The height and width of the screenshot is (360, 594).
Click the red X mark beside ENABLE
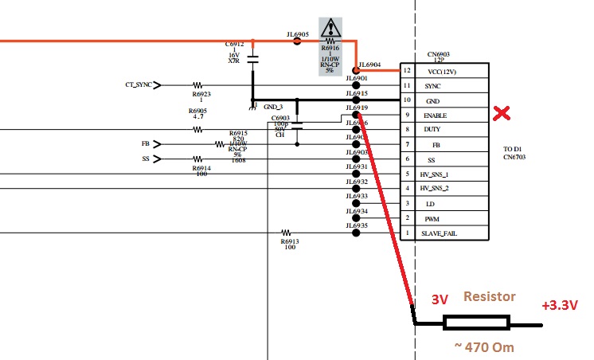502,113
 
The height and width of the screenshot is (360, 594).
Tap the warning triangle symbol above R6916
330,30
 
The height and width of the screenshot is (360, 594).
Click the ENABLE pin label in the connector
435,115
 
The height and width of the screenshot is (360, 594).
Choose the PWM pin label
432,218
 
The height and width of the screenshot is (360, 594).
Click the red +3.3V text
561,305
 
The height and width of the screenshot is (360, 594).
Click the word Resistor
490,296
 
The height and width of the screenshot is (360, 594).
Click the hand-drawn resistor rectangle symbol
476,323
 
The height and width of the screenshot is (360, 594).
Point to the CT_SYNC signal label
139,84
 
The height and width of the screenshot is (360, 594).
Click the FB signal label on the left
145,144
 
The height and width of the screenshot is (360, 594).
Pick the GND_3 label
273,106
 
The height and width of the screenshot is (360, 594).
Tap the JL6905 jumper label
298,35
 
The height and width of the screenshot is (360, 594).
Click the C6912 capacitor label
234,45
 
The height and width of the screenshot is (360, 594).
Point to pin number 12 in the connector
407,72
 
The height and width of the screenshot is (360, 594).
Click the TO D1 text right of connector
512,149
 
